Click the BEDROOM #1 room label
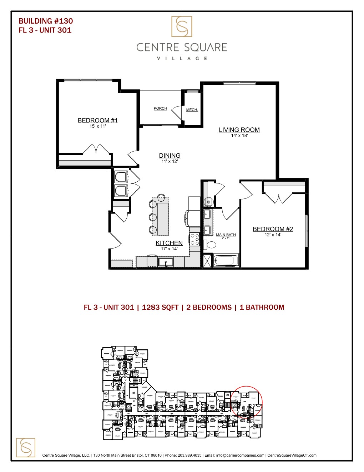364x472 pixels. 97,121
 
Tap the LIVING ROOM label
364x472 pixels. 239,130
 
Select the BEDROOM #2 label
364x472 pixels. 273,229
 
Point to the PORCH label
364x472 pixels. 160,108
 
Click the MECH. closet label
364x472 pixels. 192,110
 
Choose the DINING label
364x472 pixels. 170,156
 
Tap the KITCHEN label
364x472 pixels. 169,243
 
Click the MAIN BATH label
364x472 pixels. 226,235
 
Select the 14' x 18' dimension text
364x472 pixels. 239,136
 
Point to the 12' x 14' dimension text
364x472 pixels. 273,235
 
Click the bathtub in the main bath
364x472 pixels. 226,260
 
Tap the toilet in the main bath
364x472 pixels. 210,245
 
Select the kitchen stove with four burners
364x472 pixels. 194,239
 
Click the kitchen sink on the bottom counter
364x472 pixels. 166,262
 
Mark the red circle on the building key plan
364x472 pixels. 246,402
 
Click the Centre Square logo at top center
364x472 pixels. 182,26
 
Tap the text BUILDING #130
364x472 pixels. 46,21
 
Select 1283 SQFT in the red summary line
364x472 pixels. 160,308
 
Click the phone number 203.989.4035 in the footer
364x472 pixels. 189,455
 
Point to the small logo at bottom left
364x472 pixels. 26,447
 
